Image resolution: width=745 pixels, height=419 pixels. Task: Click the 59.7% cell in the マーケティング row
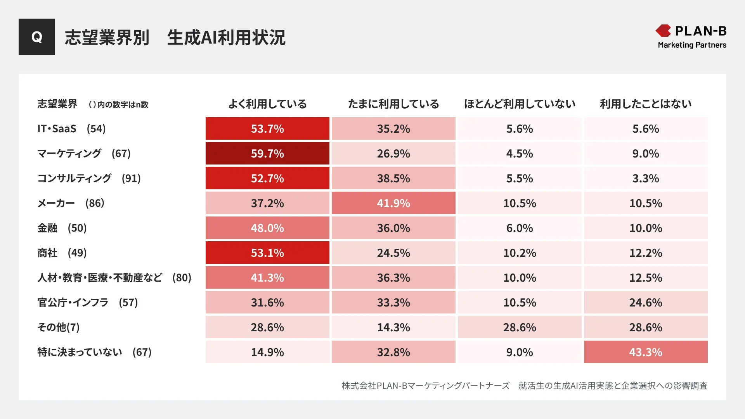[267, 153]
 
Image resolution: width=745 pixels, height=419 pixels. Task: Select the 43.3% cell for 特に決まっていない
[646, 352]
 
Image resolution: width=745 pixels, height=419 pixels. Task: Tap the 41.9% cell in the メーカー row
[393, 203]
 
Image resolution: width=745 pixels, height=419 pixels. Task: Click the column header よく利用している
[267, 104]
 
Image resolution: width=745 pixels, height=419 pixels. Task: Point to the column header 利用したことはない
[646, 104]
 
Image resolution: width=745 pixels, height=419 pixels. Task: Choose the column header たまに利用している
[393, 104]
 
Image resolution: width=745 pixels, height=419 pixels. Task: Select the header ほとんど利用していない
[520, 104]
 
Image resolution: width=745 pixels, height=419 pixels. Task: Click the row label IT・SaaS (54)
[71, 129]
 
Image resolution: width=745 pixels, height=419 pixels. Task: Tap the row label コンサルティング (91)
[89, 178]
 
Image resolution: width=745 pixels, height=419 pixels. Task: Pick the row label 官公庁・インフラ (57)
[88, 303]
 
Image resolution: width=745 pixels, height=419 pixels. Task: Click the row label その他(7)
[58, 327]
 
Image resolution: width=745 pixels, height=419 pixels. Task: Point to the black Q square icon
[37, 37]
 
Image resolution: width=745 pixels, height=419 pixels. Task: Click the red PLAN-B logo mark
[663, 31]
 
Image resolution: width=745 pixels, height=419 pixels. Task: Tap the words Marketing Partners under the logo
[692, 45]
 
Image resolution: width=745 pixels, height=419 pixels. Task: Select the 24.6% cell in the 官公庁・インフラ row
[646, 302]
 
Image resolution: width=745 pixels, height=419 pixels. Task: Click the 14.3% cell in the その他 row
[393, 327]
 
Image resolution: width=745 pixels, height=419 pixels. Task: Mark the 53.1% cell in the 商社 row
[267, 253]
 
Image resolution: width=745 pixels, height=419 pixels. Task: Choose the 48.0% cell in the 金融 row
[267, 228]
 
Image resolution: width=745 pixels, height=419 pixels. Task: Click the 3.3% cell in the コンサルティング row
[646, 178]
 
